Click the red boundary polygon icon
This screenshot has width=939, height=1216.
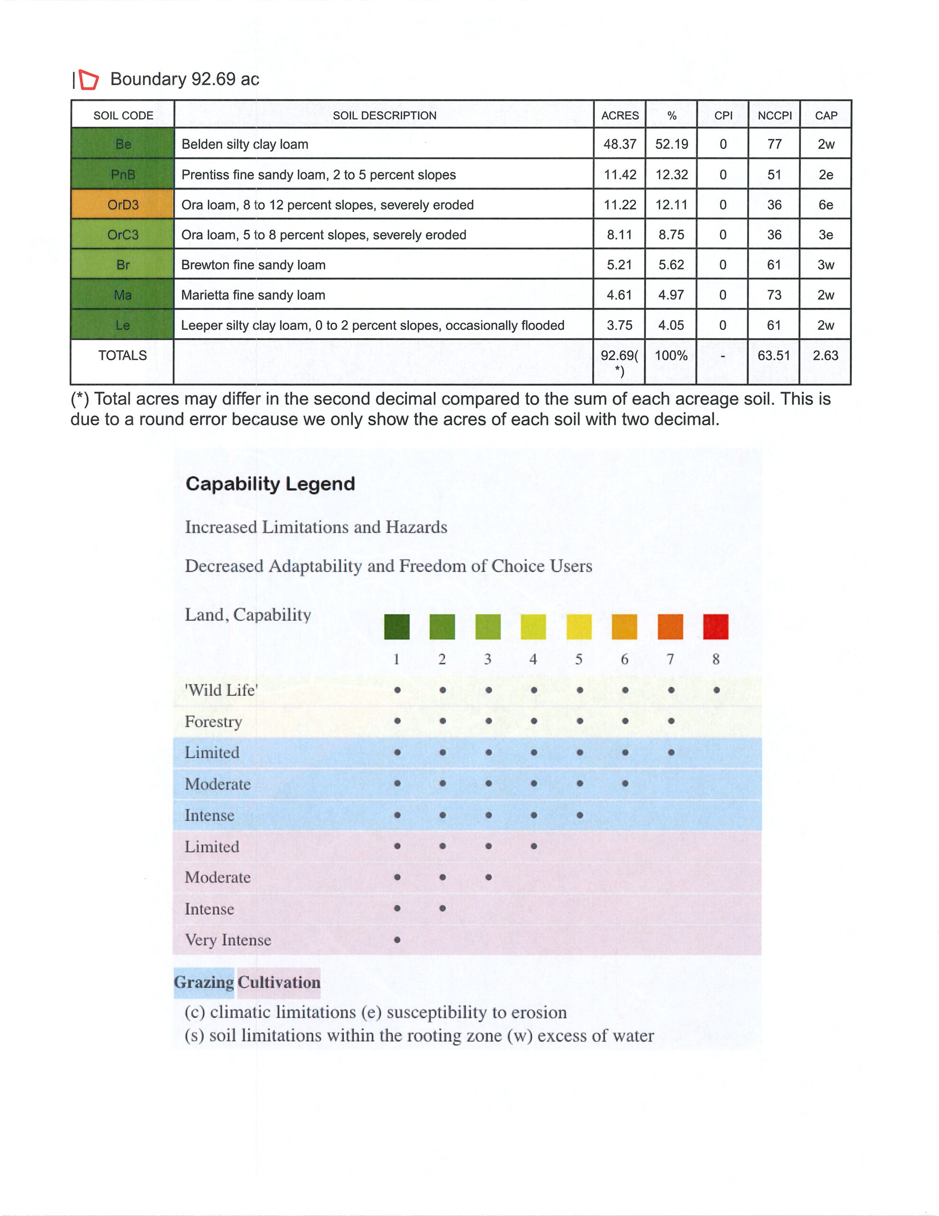[x=88, y=80]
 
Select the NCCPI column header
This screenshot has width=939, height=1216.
[x=774, y=115]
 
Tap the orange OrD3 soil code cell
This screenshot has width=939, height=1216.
[x=122, y=204]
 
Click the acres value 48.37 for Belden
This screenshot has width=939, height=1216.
[x=620, y=144]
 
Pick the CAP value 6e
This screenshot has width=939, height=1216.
[x=826, y=204]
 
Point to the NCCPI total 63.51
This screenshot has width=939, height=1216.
[x=774, y=355]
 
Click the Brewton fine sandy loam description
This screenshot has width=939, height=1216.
[x=253, y=265]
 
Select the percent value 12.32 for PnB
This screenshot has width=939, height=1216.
[x=671, y=174]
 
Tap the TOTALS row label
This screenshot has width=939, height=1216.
[x=122, y=355]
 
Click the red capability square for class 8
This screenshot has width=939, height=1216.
[x=715, y=627]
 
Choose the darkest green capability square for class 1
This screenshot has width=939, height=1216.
[x=396, y=627]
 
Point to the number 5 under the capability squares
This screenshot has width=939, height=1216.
[x=579, y=659]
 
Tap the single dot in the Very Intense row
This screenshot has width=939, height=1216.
[x=397, y=940]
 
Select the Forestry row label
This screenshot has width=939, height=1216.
[x=213, y=721]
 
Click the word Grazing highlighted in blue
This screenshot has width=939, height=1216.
[x=204, y=982]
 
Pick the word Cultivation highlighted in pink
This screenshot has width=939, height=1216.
[x=279, y=982]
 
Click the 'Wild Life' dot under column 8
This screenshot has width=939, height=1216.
[x=716, y=690]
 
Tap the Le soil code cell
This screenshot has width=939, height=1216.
[x=122, y=325]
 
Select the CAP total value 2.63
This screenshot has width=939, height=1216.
[x=825, y=355]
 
